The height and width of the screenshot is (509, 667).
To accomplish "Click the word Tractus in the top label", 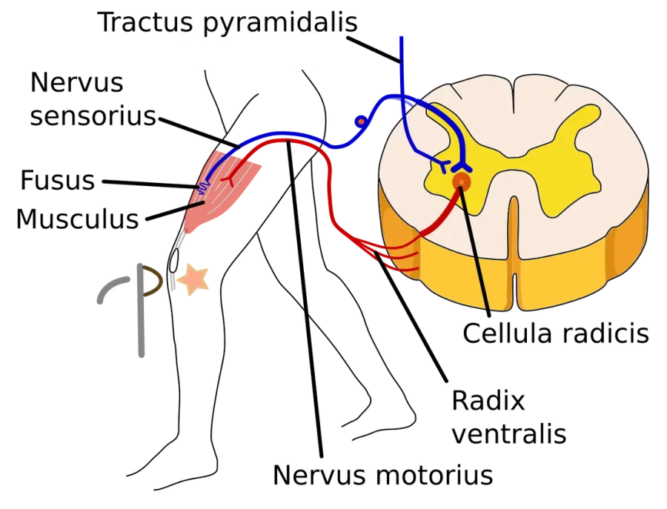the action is click(145, 21).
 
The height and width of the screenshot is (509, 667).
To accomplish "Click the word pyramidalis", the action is click(280, 24).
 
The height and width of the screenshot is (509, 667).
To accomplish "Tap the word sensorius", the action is click(93, 116).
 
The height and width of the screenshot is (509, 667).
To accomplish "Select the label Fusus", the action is click(57, 180).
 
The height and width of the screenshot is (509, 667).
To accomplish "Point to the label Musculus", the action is click(78, 219).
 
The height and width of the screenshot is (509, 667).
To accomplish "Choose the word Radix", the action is click(488, 401).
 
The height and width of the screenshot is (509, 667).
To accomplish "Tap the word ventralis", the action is click(509, 434).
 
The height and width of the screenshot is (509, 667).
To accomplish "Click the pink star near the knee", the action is click(193, 279).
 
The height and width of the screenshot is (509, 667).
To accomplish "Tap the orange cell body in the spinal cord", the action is click(462, 182).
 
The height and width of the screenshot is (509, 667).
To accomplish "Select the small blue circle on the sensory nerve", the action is click(361, 122).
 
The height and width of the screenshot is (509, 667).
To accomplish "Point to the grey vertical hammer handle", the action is click(141, 310).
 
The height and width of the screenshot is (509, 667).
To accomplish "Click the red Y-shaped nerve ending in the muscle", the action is click(229, 179).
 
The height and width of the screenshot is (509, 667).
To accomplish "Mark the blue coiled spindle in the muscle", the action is click(203, 187).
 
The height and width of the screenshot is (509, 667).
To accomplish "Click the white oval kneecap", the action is click(173, 260).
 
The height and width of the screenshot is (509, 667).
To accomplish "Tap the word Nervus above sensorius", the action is click(77, 82).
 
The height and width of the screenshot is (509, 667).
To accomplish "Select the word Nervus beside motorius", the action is click(319, 475).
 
